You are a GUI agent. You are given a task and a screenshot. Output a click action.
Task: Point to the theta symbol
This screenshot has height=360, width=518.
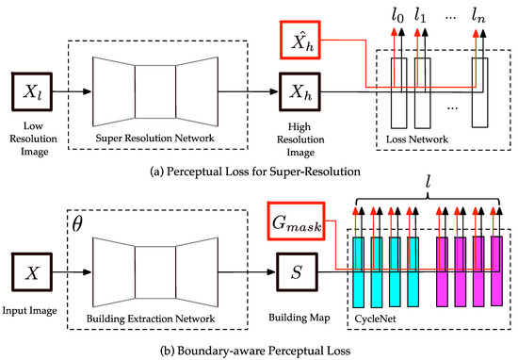click(76, 224)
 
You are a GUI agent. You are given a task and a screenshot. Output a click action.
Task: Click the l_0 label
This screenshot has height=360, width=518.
click(397, 16)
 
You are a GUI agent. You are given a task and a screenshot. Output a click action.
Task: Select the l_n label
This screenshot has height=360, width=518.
click(478, 16)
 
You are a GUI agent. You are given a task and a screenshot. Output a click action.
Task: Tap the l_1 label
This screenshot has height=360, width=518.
click(420, 16)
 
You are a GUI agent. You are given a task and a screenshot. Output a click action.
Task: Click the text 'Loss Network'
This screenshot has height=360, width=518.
click(417, 139)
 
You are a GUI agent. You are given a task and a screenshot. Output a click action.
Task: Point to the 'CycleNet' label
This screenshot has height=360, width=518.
click(375, 319)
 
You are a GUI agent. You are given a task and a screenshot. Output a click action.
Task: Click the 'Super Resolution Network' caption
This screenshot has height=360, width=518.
click(155, 138)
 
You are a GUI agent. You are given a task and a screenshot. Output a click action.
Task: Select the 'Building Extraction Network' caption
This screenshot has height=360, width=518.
click(151, 319)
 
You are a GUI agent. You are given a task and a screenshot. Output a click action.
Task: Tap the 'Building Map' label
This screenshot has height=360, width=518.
click(299, 318)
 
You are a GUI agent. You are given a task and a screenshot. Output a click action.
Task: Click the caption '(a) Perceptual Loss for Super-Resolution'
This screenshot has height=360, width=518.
click(255, 172)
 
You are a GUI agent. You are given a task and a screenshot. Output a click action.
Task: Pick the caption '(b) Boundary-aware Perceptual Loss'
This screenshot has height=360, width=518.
click(255, 351)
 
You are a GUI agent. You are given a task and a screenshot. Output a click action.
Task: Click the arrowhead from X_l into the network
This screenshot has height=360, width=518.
click(88, 91)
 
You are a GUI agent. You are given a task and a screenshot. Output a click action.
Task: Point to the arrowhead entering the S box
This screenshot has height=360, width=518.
click(271, 272)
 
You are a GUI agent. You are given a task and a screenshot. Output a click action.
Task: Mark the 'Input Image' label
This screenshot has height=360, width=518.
click(29, 311)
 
